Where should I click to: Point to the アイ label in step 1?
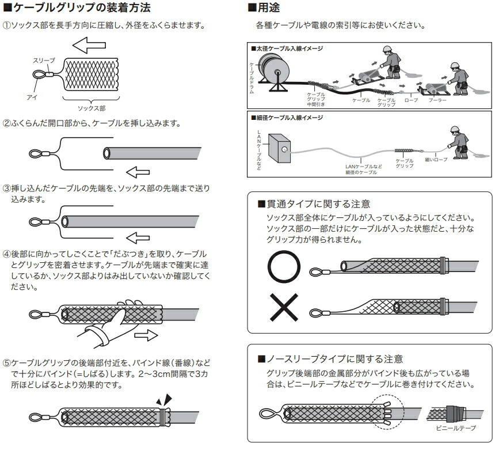point(32,97)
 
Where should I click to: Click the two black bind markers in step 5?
point(163,399)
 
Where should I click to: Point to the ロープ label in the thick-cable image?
point(411,100)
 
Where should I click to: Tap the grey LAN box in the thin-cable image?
point(281,150)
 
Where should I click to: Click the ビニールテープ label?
point(455,429)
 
